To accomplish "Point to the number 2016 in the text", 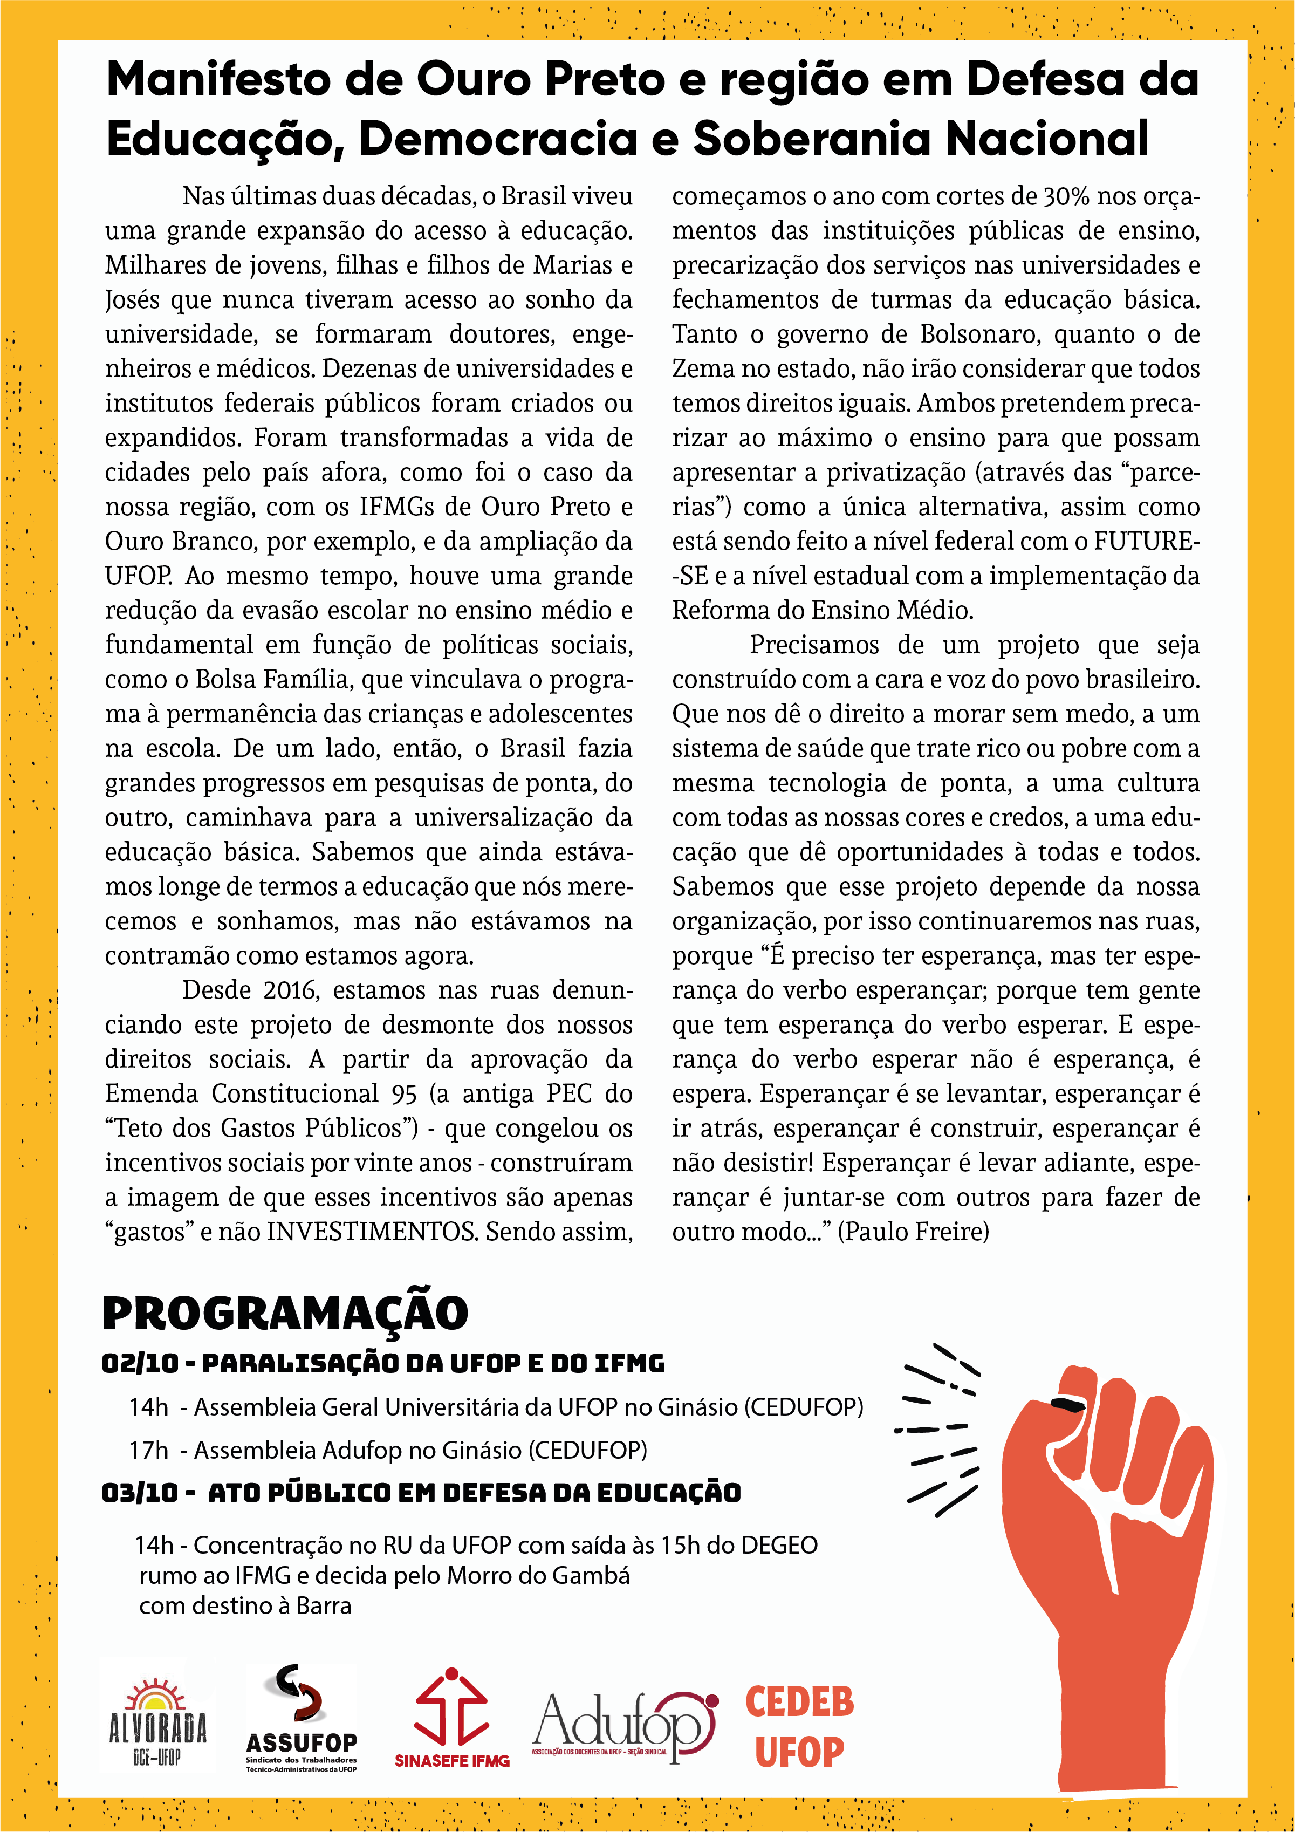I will (291, 990).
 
